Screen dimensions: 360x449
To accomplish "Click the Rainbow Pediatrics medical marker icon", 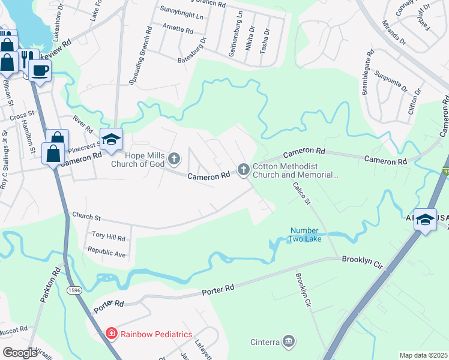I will click(x=111, y=334).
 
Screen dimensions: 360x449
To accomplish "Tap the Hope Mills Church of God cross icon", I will click(x=174, y=159).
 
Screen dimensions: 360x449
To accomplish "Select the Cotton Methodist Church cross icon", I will click(x=244, y=170).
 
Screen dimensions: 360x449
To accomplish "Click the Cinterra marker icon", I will click(x=289, y=342).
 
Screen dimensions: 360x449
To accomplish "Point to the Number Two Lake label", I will click(x=306, y=235).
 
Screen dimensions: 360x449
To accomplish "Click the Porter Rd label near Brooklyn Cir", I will click(x=218, y=290).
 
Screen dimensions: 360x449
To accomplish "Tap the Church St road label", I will click(x=87, y=216).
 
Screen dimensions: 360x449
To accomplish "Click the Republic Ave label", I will click(x=106, y=253).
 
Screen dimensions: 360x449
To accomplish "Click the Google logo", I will click(x=19, y=353).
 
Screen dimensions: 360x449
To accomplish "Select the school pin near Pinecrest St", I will click(x=111, y=140).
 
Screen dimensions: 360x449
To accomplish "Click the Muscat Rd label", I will click(x=14, y=329).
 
